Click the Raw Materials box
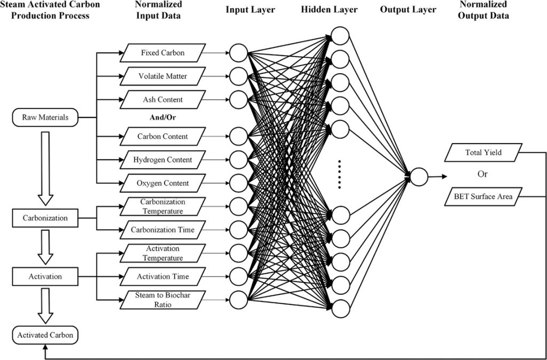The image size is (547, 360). [x=45, y=118]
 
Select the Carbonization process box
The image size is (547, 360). [x=45, y=218]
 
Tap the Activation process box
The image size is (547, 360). [x=45, y=277]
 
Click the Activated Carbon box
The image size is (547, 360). [x=45, y=335]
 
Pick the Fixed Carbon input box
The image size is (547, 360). [x=162, y=53]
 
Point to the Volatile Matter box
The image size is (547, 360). [x=162, y=76]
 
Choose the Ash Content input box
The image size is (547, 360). [x=162, y=99]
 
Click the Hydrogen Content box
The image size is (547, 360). [x=162, y=160]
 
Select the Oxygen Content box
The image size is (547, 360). [x=162, y=183]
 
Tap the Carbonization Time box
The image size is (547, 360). [x=162, y=230]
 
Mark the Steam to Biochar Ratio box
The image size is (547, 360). [x=162, y=300]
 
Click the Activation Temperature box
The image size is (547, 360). [x=162, y=254]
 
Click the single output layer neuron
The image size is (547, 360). [x=419, y=177]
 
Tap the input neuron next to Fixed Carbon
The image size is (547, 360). [x=238, y=53]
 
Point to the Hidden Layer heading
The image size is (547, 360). [x=329, y=10]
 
